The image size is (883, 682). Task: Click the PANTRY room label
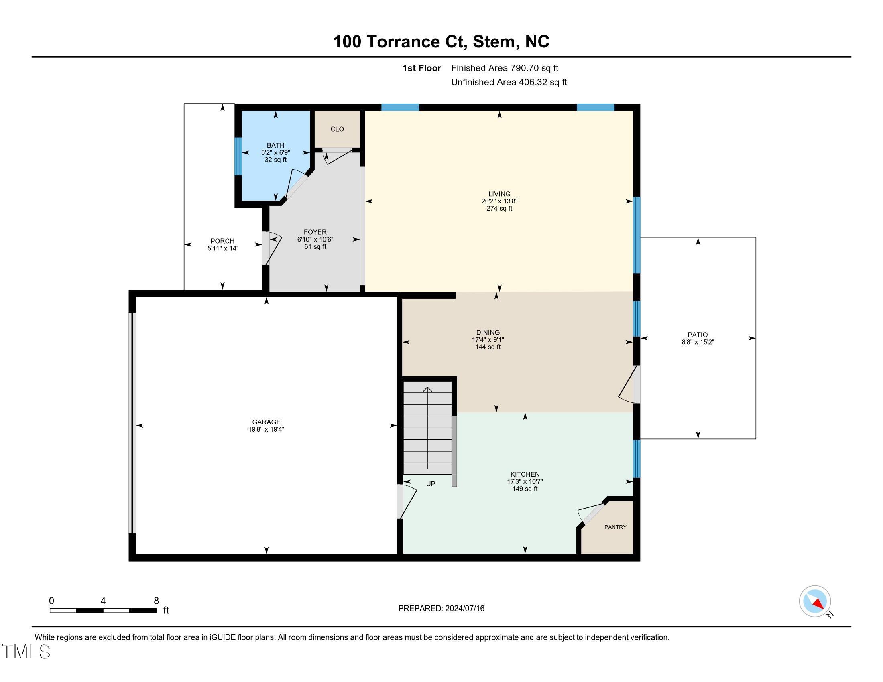pos(615,527)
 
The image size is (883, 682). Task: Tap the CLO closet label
pos(337,129)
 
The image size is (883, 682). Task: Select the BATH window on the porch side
pos(238,156)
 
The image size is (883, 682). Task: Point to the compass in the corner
pos(815,601)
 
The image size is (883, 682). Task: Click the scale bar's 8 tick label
pos(156,601)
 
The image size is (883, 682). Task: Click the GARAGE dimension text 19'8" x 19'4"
pos(266,430)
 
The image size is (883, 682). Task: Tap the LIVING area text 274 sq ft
pos(499,209)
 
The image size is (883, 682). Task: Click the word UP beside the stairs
pos(431,484)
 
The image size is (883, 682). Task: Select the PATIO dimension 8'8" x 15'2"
pos(698,342)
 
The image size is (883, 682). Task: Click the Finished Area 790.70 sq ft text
pos(504,68)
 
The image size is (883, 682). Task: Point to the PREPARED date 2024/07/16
pos(464,609)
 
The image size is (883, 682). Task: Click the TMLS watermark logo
pos(26,652)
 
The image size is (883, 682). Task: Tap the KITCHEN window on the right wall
pos(637,459)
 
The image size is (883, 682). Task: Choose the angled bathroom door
pos(296,185)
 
